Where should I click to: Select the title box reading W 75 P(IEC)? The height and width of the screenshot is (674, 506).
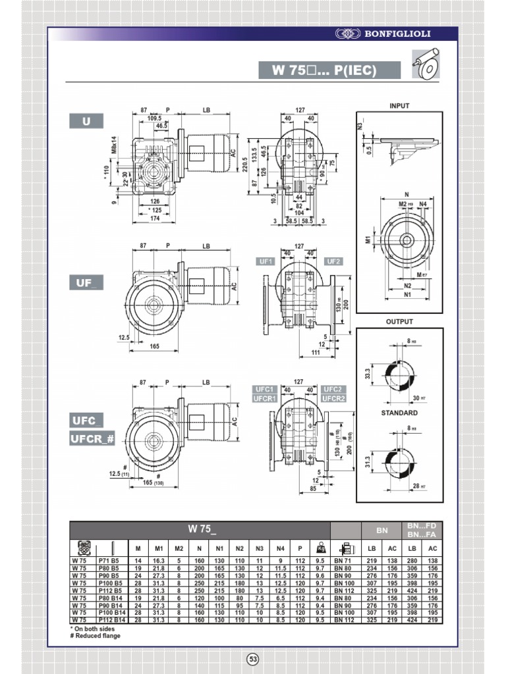(x=328, y=70)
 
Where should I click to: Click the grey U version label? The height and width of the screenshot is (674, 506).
(x=86, y=121)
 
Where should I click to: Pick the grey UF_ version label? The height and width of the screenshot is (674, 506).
(x=86, y=283)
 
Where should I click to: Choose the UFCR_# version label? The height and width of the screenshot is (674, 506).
(x=93, y=438)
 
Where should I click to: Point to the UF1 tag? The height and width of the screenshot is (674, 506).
(x=266, y=261)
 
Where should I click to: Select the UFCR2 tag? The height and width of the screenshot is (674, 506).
(x=334, y=398)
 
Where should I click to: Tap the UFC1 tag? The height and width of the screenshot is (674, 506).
(x=264, y=390)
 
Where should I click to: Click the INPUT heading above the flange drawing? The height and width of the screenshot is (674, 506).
(x=399, y=105)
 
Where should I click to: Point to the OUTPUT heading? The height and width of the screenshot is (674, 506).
(x=399, y=322)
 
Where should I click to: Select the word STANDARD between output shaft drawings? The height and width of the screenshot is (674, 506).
(x=399, y=413)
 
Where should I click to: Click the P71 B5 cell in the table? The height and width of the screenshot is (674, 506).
(x=109, y=561)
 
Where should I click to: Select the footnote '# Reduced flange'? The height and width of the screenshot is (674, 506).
(x=96, y=636)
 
